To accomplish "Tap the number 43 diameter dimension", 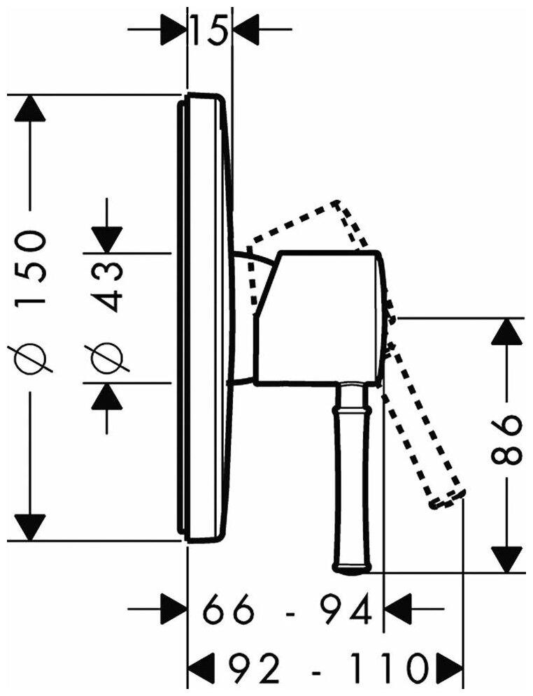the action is (106, 284).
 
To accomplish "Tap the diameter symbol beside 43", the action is (106, 356).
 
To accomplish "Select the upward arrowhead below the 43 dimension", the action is (106, 396).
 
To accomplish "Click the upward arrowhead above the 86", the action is (509, 331).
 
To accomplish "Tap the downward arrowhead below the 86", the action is (509, 559).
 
